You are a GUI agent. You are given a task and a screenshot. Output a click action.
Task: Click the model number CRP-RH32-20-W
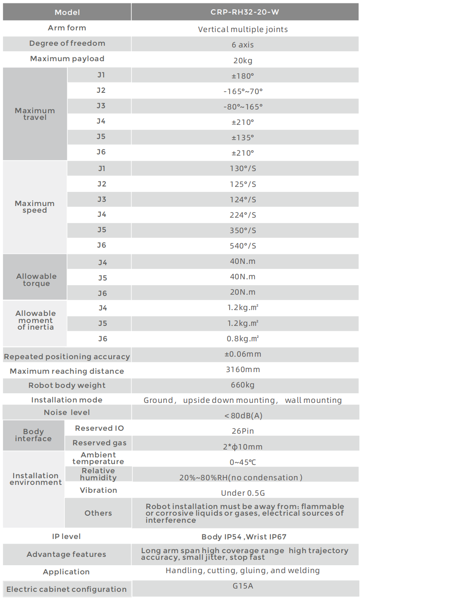point(245,12)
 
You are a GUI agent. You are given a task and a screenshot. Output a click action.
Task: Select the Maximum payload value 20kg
point(243,61)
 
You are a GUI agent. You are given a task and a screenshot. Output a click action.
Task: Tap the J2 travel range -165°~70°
point(243,92)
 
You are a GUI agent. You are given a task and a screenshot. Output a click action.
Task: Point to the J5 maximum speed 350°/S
point(243,231)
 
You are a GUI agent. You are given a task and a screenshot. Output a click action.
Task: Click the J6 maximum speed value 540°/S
point(243,246)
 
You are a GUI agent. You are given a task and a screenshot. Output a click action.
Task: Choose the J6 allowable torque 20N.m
point(243,292)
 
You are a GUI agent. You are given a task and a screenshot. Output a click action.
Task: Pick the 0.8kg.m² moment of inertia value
point(243,339)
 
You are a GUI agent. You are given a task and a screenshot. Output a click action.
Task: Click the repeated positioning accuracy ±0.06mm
point(243,354)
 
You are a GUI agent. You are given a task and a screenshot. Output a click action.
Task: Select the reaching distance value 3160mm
point(243,370)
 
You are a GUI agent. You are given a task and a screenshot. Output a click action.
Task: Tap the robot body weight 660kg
point(243,385)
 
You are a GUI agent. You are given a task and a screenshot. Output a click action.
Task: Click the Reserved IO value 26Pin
point(243,431)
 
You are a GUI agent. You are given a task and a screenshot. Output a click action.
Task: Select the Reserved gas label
point(99,443)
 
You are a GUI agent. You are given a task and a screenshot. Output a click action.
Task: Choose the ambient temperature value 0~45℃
point(243,462)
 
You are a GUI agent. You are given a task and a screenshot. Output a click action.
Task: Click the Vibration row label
point(98,490)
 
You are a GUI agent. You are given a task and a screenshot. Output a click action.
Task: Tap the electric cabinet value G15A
point(243,586)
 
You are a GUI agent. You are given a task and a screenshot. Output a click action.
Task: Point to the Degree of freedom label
point(67,43)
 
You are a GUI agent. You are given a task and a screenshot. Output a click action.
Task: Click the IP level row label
point(66,536)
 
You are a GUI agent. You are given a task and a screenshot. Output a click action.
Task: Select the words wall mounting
point(313,400)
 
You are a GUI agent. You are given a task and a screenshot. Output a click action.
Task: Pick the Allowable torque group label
point(36,280)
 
